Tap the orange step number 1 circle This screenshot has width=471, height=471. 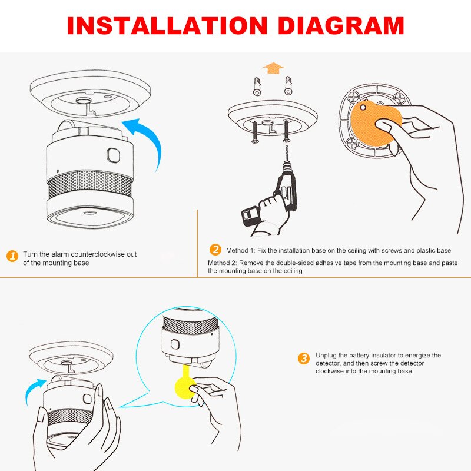(x=12, y=256)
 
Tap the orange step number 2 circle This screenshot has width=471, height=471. (x=215, y=250)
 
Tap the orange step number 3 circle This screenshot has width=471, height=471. (x=303, y=358)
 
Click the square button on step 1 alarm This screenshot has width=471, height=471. (x=112, y=155)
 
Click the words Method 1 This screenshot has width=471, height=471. (x=239, y=250)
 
